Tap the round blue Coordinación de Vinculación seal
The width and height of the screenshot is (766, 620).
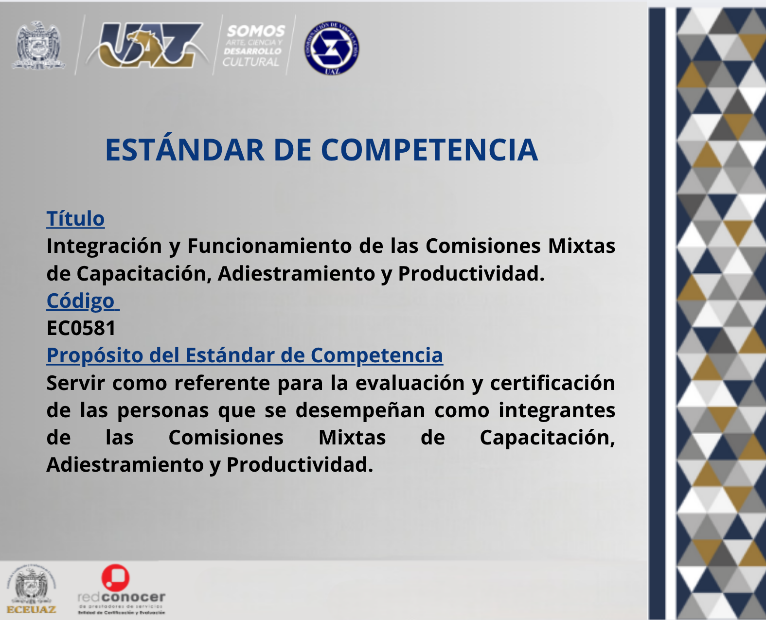[x=332, y=48]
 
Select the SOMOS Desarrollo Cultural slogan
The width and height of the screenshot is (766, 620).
[x=253, y=46]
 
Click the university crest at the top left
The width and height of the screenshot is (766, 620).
[x=39, y=45]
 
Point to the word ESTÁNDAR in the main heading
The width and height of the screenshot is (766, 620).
[x=185, y=150]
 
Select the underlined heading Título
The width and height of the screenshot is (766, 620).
[x=75, y=219]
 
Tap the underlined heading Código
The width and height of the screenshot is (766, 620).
[x=81, y=301]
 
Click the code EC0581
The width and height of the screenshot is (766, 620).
[x=81, y=328]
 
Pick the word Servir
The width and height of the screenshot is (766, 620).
[x=75, y=383]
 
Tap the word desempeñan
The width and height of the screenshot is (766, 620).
[x=360, y=410]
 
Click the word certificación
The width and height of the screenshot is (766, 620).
[x=552, y=383]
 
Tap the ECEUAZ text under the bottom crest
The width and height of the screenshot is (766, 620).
[x=31, y=610]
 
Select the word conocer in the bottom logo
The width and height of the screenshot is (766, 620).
[x=133, y=597]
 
